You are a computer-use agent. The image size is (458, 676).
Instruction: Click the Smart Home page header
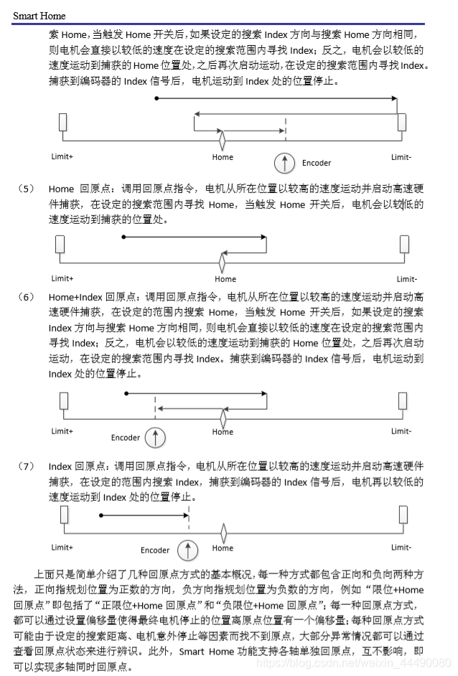click(x=39, y=15)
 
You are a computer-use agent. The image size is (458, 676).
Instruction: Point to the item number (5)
click(x=26, y=189)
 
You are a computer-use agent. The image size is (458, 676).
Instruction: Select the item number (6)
click(x=26, y=296)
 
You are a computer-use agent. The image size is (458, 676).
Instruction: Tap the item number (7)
click(x=26, y=466)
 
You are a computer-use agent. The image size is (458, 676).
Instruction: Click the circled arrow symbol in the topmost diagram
click(x=286, y=163)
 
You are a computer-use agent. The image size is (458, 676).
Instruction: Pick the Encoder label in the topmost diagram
click(x=316, y=163)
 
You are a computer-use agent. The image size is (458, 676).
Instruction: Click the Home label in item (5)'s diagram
click(x=225, y=279)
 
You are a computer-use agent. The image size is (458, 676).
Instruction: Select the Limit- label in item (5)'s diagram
click(x=406, y=279)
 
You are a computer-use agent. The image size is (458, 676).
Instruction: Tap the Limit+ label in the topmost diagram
click(x=62, y=156)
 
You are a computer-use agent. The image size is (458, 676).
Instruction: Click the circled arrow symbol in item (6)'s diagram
click(x=155, y=436)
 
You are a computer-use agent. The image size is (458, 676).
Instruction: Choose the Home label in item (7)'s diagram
click(x=223, y=548)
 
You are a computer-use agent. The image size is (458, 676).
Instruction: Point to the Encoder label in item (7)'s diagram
click(x=155, y=550)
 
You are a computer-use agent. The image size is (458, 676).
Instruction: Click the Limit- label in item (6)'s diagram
click(x=401, y=431)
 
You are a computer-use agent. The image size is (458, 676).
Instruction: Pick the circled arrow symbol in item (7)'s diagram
click(x=187, y=550)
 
